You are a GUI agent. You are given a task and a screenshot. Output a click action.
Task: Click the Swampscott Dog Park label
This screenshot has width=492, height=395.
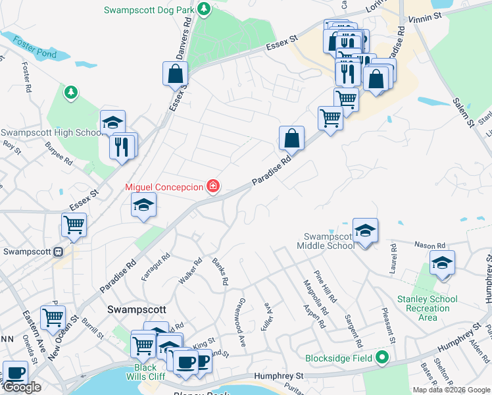pos(150,10)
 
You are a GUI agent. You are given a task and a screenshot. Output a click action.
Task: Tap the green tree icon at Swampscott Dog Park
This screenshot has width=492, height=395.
pos(205,9)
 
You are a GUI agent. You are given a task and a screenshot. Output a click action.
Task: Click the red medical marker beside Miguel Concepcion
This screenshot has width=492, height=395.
pos(212,187)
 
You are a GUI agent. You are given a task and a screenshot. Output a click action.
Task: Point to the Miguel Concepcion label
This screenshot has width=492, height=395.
pos(164,188)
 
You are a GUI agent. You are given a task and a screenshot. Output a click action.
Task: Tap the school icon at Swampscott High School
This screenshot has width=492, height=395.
pos(112,122)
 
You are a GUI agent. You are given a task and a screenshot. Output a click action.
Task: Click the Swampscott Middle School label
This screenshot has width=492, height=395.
pos(329,241)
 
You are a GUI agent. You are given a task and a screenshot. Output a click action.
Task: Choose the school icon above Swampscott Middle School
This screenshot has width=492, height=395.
pos(365,230)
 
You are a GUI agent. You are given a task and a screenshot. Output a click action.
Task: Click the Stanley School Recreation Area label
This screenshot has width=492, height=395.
pos(428,308)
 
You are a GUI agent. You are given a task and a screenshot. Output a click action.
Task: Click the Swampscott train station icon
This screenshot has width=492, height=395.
pos(58,251)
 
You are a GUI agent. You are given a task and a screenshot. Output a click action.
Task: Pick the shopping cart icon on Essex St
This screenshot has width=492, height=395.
pos(74,224)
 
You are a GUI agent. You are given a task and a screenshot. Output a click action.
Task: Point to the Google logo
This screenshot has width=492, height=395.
pos(22,387)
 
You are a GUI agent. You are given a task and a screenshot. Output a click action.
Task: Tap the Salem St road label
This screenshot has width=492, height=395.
pos(464,113)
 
